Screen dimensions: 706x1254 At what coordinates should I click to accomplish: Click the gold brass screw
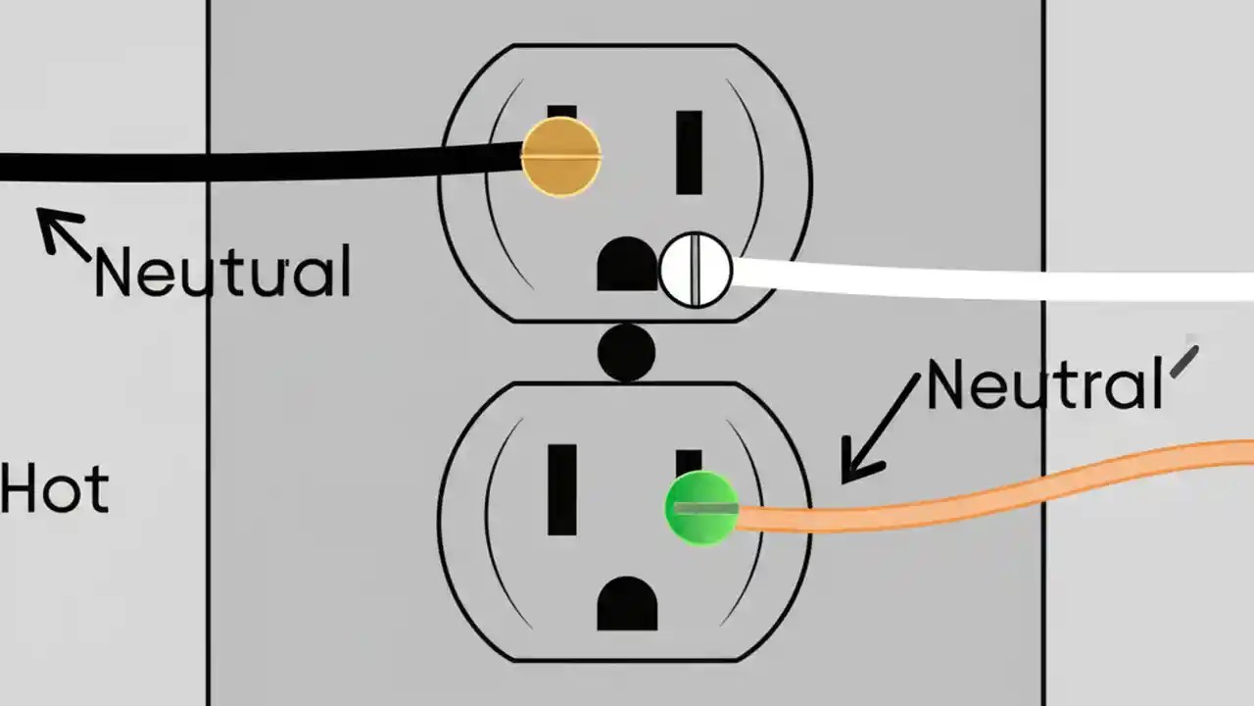click(x=560, y=156)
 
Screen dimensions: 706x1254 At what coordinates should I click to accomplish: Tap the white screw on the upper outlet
click(x=696, y=270)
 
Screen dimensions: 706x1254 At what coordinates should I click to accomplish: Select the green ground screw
click(x=701, y=508)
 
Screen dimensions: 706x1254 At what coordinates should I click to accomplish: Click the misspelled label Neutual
click(x=222, y=272)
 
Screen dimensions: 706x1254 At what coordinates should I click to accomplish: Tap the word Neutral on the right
click(x=1044, y=385)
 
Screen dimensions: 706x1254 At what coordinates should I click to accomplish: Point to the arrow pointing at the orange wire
click(x=879, y=431)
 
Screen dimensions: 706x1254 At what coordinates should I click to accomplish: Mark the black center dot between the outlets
click(x=626, y=352)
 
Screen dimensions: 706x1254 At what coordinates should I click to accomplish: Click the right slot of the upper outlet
click(x=689, y=152)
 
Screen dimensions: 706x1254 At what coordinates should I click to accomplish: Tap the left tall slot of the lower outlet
click(x=562, y=489)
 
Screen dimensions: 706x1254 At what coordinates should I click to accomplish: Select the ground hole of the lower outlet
click(x=627, y=604)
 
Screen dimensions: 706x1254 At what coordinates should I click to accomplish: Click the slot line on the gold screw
click(x=560, y=156)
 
